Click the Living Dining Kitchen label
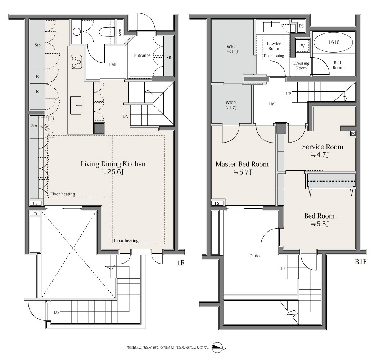[113, 164]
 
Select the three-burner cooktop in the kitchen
[76, 62]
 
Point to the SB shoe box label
[168, 58]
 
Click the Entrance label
[142, 55]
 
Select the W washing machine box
[302, 46]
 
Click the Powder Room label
[274, 46]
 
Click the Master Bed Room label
[242, 164]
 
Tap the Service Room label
[323, 147]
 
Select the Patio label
[255, 256]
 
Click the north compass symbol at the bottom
[218, 347]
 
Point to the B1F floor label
[360, 262]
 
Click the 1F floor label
[181, 263]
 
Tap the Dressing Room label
[301, 66]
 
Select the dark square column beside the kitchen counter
[99, 129]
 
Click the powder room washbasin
[272, 27]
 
